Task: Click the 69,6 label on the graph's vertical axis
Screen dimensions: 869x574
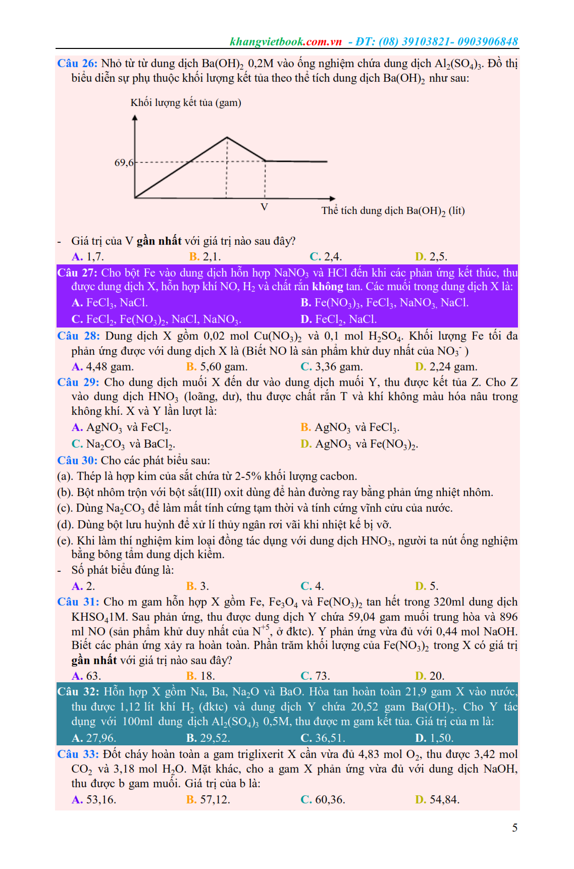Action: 124,162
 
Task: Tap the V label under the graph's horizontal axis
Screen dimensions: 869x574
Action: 264,207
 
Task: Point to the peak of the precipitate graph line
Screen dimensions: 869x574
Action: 227,137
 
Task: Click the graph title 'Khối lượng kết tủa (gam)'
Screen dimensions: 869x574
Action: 186,102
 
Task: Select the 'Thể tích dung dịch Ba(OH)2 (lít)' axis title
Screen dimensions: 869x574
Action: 393,210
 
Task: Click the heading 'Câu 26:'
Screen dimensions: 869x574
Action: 77,63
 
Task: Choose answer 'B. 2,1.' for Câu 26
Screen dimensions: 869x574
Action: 204,256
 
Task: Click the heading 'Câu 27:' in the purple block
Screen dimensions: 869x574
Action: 77,273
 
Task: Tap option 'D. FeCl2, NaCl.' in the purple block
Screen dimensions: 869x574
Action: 338,319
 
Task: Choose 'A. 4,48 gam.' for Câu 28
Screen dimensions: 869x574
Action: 102,366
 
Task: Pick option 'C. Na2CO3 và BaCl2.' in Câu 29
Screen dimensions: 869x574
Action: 123,444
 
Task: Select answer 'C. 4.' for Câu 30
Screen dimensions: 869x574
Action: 312,586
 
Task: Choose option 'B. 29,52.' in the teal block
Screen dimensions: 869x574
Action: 208,738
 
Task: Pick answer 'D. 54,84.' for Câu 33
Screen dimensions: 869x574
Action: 437,799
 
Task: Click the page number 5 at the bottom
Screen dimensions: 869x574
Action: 514,828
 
